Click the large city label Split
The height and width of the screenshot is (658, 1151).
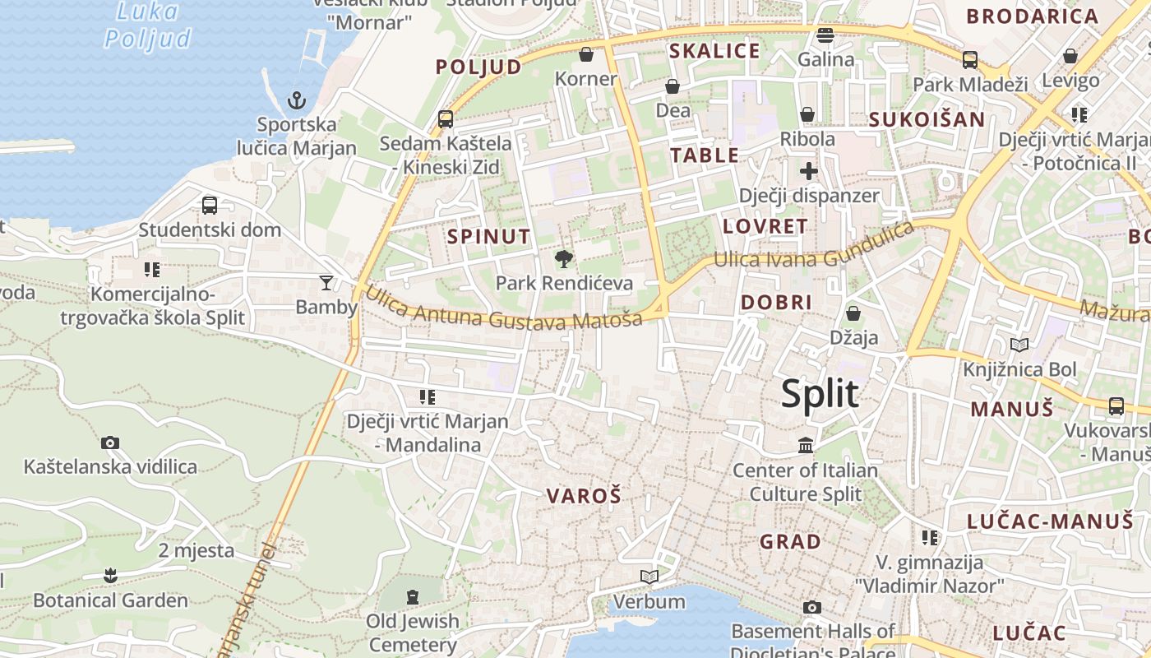click(820, 394)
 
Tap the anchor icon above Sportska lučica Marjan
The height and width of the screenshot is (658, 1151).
click(297, 100)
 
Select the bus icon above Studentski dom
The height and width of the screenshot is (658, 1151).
click(210, 205)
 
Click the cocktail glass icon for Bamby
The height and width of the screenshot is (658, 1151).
click(326, 283)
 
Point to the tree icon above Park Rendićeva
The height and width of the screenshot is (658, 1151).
click(564, 259)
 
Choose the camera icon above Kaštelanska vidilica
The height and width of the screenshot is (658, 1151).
click(110, 443)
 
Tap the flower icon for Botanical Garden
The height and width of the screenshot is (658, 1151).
click(110, 576)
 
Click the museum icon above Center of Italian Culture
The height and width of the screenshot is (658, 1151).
click(806, 446)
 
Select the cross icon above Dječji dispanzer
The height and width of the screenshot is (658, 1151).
click(809, 171)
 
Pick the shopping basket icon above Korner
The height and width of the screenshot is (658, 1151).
click(586, 54)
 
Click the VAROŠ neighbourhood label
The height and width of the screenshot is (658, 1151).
click(584, 496)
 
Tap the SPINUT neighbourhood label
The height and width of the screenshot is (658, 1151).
click(489, 237)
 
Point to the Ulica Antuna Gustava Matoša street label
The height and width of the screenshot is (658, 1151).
click(502, 308)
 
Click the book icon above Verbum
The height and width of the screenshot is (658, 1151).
click(649, 577)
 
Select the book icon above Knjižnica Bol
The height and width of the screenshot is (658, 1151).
click(1019, 345)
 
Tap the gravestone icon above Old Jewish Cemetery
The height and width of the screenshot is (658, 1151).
click(412, 595)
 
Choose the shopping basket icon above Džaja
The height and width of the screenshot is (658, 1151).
click(853, 313)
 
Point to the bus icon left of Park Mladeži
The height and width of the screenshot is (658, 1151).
click(970, 59)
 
